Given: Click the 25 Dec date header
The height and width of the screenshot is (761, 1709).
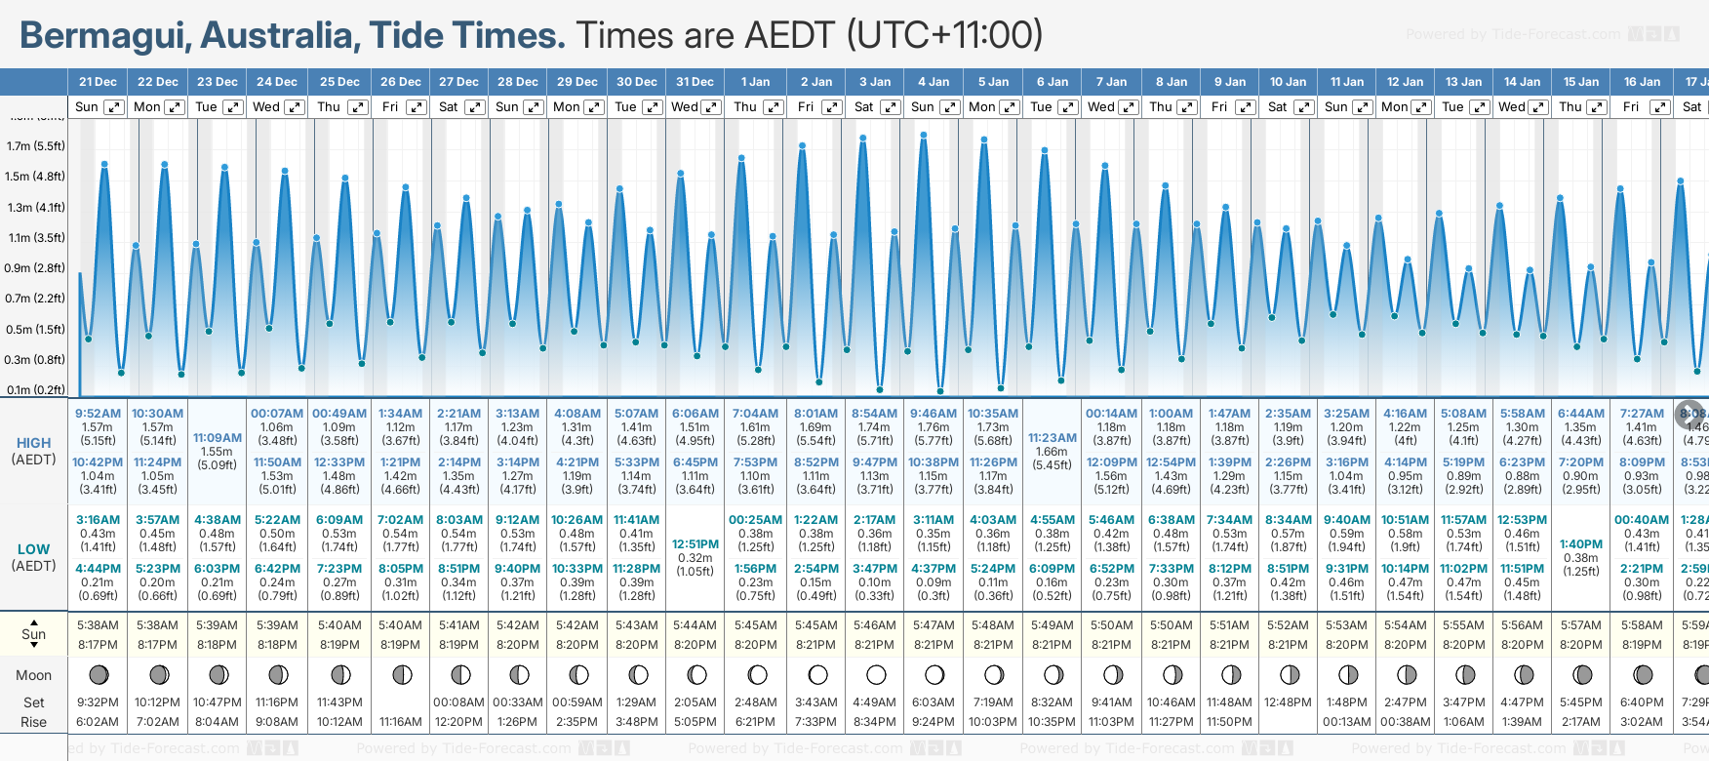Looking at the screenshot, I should pyautogui.click(x=339, y=82).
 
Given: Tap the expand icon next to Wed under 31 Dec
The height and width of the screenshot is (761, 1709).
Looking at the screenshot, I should pyautogui.click(x=711, y=107).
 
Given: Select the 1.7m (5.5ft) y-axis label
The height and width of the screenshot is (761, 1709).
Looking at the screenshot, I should pyautogui.click(x=35, y=146).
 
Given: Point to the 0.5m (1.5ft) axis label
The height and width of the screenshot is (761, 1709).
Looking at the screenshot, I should pyautogui.click(x=35, y=330).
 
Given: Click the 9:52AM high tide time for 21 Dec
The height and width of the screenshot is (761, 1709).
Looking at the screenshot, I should pyautogui.click(x=98, y=414).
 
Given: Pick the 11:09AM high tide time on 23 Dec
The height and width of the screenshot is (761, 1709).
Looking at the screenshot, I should pyautogui.click(x=217, y=438).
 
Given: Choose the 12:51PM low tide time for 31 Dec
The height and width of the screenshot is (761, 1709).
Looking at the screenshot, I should pyautogui.click(x=696, y=544).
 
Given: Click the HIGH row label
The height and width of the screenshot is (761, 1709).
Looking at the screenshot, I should pyautogui.click(x=33, y=443).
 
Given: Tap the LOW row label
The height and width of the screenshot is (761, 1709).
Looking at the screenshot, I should pyautogui.click(x=33, y=549).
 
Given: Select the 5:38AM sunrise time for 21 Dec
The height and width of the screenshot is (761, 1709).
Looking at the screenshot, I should pyautogui.click(x=98, y=625).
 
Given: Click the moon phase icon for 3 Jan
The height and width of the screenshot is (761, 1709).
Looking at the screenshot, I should pyautogui.click(x=876, y=674).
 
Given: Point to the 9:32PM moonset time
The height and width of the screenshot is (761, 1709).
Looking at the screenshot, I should pyautogui.click(x=98, y=702).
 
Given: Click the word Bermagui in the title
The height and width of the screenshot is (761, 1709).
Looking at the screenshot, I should pyautogui.click(x=105, y=36).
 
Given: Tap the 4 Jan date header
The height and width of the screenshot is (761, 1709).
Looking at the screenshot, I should pyautogui.click(x=934, y=82).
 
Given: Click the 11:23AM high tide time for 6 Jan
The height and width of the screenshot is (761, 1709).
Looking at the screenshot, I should pyautogui.click(x=1053, y=438).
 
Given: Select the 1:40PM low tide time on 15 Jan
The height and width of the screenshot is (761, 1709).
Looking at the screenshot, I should pyautogui.click(x=1581, y=544).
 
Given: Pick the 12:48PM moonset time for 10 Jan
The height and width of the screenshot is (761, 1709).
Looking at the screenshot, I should pyautogui.click(x=1288, y=702).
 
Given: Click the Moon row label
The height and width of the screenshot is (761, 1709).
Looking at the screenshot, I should pyautogui.click(x=33, y=675).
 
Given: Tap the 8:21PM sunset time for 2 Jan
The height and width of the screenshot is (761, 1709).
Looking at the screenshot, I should pyautogui.click(x=815, y=645).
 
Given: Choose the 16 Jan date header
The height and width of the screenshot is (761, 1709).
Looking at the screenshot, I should pyautogui.click(x=1642, y=82).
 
